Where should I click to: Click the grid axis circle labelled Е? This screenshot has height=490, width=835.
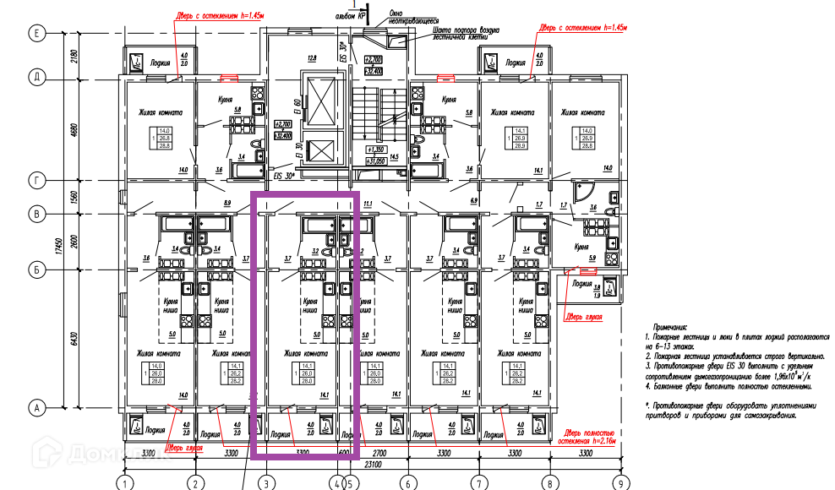pyautogui.click(x=37, y=33)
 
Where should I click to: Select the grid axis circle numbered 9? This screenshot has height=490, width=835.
pyautogui.click(x=623, y=483)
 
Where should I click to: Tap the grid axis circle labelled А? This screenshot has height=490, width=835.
pyautogui.click(x=37, y=408)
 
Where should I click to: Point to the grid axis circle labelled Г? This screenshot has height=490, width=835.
pyautogui.click(x=37, y=180)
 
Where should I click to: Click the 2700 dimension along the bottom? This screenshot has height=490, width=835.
pyautogui.click(x=379, y=454)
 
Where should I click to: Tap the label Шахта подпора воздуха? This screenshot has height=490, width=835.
pyautogui.click(x=460, y=30)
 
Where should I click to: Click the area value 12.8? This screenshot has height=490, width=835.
pyautogui.click(x=311, y=58)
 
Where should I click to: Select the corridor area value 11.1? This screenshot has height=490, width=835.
pyautogui.click(x=368, y=204)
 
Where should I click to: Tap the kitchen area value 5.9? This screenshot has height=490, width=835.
pyautogui.click(x=592, y=258)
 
